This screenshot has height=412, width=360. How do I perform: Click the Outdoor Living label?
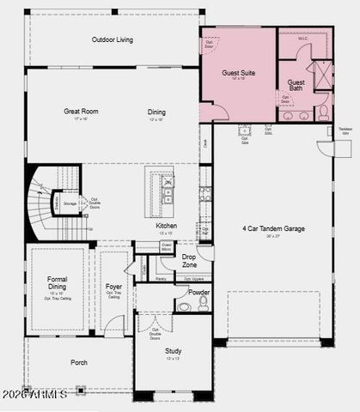[113, 39]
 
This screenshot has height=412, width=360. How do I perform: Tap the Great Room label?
[80, 112]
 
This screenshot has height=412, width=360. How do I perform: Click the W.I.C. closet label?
[302, 38]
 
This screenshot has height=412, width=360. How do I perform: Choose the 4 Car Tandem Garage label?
[272, 228]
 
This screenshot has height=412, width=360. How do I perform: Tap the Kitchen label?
[167, 226]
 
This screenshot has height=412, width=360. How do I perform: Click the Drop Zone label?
[189, 261]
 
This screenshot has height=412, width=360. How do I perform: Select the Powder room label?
[198, 292]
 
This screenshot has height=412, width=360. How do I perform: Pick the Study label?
[173, 349]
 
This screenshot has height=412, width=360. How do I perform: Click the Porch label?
[78, 362]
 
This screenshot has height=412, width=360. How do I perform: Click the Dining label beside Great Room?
[156, 112]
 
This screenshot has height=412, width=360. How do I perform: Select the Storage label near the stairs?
[70, 204]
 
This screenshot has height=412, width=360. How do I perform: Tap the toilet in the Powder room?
[204, 303]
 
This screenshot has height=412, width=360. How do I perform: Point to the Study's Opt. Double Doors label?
[156, 333]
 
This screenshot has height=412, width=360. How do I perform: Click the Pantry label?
[162, 278]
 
